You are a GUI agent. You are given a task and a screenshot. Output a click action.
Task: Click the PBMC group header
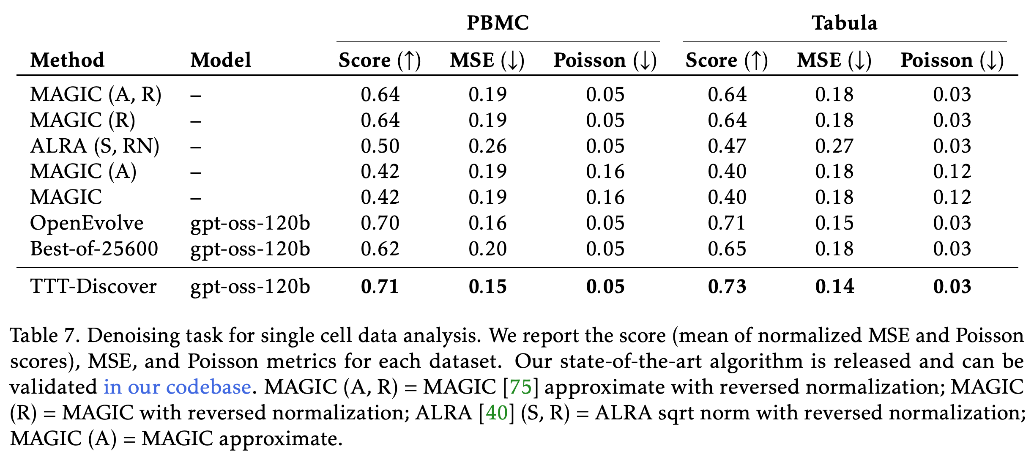[498, 23]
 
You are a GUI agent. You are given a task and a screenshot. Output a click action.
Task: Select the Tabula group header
[844, 23]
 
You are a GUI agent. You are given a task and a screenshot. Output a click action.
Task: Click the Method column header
[67, 60]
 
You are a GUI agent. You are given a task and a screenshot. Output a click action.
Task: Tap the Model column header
[221, 60]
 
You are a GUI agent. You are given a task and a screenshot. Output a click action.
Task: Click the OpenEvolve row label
[87, 223]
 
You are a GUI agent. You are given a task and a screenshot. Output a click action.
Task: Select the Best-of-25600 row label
[94, 249]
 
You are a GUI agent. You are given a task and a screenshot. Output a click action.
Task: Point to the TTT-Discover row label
[93, 286]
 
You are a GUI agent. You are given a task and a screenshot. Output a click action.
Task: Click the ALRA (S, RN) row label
[95, 146]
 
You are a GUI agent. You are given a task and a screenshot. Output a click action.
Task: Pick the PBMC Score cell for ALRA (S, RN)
[380, 146]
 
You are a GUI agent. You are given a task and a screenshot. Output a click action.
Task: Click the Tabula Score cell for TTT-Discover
[727, 287]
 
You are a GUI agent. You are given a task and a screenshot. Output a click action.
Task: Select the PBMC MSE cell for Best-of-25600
[487, 249]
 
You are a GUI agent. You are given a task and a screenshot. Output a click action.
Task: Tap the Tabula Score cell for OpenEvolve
[727, 223]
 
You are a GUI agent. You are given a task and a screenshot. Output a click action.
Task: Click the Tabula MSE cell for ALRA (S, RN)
[834, 146]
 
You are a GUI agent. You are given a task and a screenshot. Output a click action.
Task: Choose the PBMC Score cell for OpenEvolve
[380, 223]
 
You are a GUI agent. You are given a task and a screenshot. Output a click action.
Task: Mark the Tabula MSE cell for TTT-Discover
[834, 287]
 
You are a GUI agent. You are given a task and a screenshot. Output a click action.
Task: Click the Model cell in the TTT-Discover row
[250, 287]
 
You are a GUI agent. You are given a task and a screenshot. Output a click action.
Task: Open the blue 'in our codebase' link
[178, 387]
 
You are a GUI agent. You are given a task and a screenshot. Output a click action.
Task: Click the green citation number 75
[520, 387]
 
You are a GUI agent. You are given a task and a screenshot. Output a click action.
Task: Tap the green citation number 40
[497, 413]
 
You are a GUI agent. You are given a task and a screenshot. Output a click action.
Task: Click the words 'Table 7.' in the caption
[45, 336]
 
